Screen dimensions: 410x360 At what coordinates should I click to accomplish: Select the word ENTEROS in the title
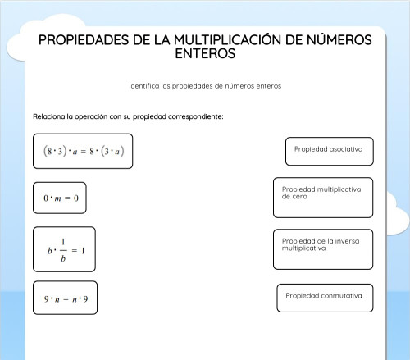tap(205, 54)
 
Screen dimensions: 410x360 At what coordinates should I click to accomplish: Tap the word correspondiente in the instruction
tap(194, 116)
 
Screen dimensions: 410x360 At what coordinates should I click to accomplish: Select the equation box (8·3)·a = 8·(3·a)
tap(83, 152)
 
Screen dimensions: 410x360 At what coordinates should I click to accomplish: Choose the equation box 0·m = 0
tap(60, 198)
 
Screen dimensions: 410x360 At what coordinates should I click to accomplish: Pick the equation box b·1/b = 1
tap(64, 249)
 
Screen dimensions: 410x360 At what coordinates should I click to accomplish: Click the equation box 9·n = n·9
tap(66, 299)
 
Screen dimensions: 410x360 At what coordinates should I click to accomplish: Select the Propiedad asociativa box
tap(329, 151)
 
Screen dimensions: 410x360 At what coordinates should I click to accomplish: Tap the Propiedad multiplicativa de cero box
tap(322, 197)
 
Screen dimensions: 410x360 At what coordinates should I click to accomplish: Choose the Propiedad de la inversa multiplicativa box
tap(322, 249)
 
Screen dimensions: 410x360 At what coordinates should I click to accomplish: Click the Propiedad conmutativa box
tap(324, 297)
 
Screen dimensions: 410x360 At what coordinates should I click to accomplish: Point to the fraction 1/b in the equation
tap(62, 249)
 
